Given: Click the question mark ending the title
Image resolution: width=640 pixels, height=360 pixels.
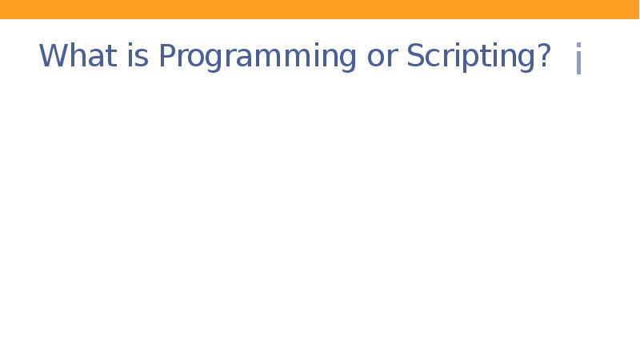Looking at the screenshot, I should (x=543, y=56).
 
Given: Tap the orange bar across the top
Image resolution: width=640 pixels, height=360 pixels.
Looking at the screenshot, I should (x=320, y=9).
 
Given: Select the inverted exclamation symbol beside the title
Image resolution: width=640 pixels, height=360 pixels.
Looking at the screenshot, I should (x=578, y=60).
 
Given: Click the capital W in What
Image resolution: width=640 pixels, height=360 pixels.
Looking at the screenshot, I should (x=52, y=56).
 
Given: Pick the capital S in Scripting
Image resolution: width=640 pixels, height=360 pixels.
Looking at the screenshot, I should (x=416, y=56).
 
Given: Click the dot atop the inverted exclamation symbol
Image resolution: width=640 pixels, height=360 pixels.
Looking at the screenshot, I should (x=578, y=47).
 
